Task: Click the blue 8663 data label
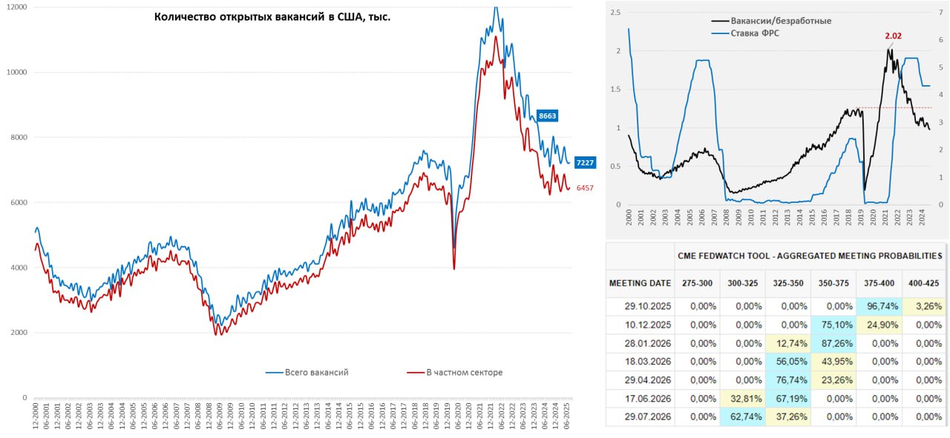coord(547,116)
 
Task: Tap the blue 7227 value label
coord(584,163)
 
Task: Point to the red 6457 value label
coord(585,188)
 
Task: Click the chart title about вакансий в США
coord(272,16)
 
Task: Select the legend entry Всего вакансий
coord(316,372)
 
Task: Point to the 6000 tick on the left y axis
coord(17,202)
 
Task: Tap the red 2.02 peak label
coord(894,35)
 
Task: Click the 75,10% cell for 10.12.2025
coord(833,324)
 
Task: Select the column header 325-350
coord(787,282)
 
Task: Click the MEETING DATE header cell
coord(640,282)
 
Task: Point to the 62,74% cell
coord(741,417)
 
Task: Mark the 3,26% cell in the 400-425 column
coord(925,305)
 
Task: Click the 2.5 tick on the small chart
coord(615,13)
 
